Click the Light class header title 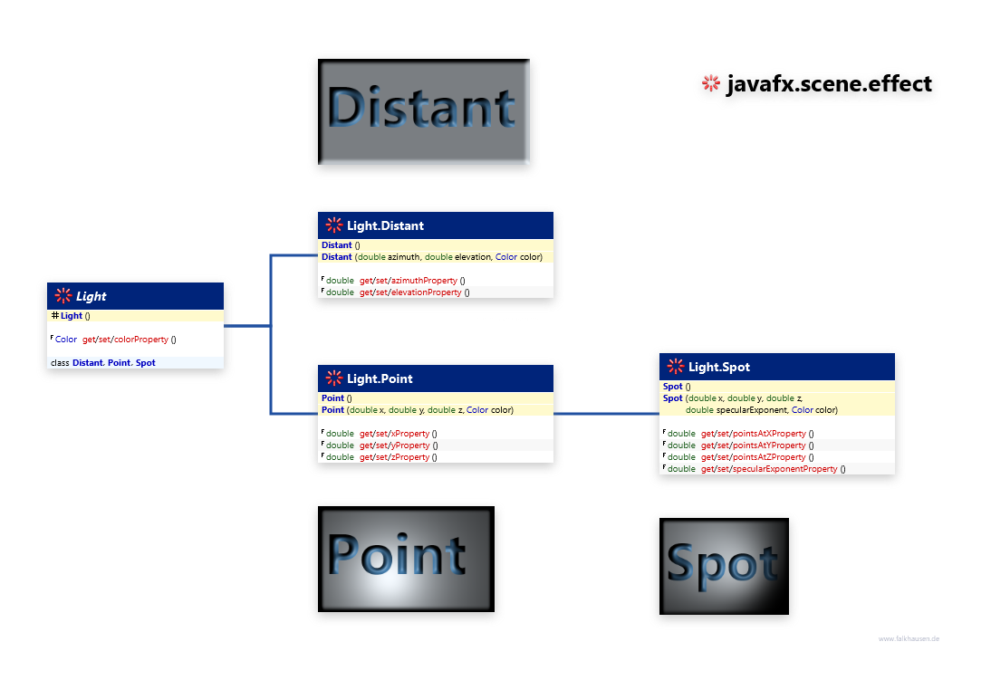pos(91,296)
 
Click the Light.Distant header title pos(385,225)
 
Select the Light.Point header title pos(380,378)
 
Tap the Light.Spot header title pos(718,367)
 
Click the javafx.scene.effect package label pos(828,84)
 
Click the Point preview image pos(406,562)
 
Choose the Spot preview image pos(723,569)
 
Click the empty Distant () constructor pos(341,245)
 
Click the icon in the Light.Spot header pos(676,367)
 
